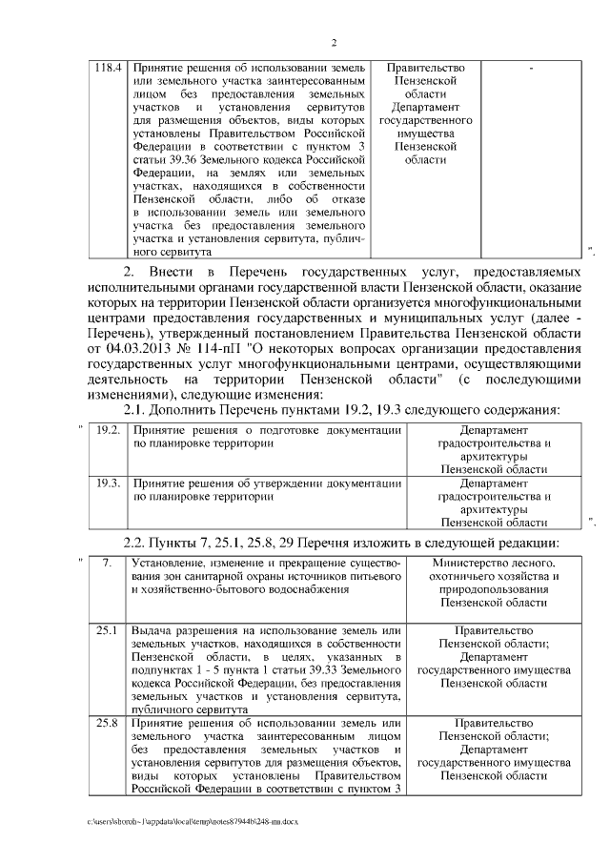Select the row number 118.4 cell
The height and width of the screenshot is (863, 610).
[108, 69]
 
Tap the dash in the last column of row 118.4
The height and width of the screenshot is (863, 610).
[530, 70]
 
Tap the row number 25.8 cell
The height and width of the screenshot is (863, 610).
[108, 724]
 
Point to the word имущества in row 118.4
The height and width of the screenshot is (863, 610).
[426, 135]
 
